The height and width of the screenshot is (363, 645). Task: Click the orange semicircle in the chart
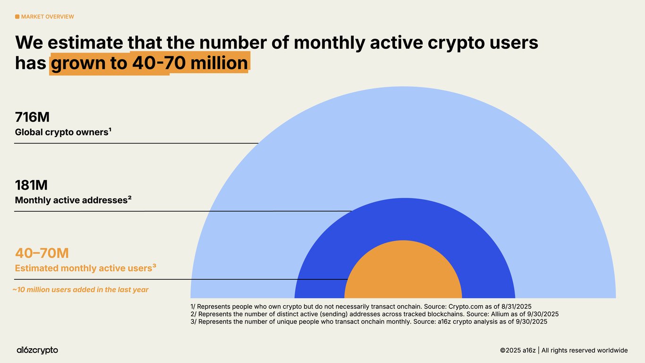click(x=403, y=274)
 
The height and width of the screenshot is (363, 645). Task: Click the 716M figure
click(x=32, y=117)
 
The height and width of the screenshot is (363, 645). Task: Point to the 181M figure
click(x=31, y=185)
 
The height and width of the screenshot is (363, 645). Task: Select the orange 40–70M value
click(x=42, y=253)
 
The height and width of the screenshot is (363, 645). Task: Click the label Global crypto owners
click(x=63, y=132)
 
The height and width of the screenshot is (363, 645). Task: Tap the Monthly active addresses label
click(x=73, y=200)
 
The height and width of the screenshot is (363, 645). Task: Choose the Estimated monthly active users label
click(x=85, y=268)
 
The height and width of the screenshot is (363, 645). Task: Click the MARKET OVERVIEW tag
click(x=47, y=17)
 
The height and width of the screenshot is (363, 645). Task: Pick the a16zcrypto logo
click(x=37, y=350)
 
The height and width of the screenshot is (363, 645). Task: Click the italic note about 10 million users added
click(x=80, y=290)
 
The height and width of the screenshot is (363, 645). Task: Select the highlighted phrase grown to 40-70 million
click(x=149, y=63)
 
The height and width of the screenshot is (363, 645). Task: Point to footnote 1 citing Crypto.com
click(x=361, y=306)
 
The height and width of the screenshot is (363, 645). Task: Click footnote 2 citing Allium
click(x=374, y=314)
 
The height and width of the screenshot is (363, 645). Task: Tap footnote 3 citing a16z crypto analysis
click(x=368, y=321)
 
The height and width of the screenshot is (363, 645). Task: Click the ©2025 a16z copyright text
click(x=564, y=350)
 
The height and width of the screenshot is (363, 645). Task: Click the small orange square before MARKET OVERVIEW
click(x=17, y=17)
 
